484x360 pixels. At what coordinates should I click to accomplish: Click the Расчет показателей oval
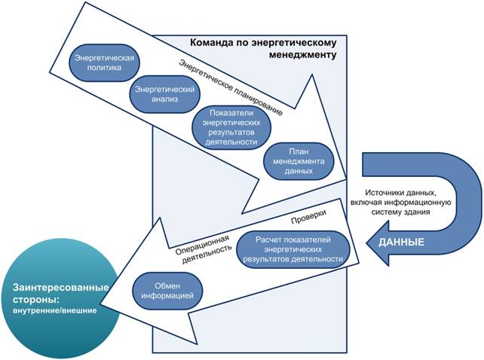[294, 249]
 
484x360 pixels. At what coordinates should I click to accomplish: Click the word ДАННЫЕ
[401, 243]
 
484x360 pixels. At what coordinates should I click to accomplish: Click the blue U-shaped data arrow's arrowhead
[381, 243]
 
